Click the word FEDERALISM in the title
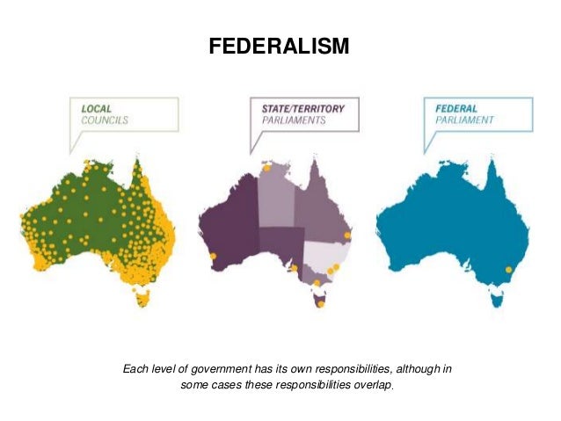tap(279, 45)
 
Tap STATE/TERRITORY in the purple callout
tap(303, 109)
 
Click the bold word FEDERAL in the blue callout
tap(457, 109)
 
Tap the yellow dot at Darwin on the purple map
tap(267, 167)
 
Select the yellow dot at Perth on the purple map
tap(213, 257)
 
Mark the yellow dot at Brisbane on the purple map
tap(349, 236)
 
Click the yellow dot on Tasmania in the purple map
tap(321, 304)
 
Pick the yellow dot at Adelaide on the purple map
tap(295, 268)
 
